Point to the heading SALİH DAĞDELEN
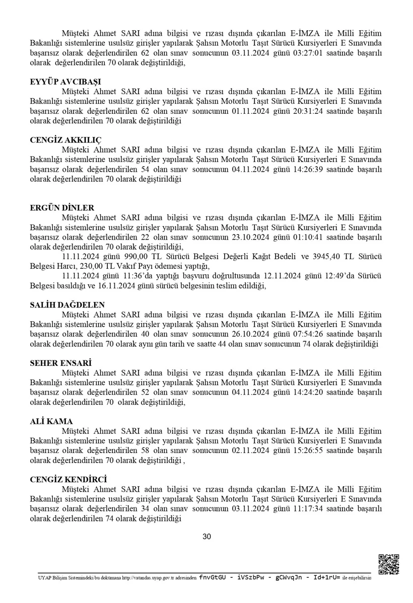point(68,305)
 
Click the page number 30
point(206,537)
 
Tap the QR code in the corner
point(388,564)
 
